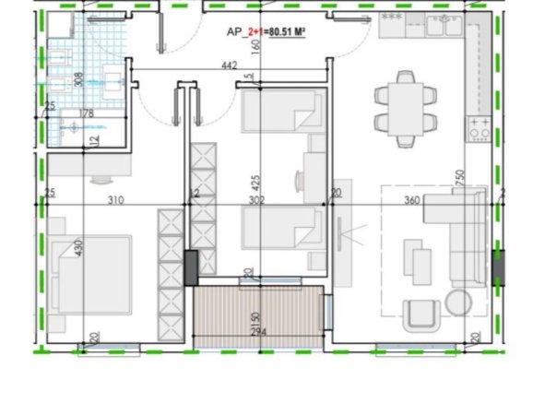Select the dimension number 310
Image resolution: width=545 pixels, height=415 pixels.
tap(114, 199)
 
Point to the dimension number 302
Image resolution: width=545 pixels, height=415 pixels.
tap(257, 199)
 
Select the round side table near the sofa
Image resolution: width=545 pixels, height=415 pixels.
tap(457, 302)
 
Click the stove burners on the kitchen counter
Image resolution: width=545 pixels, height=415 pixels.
tap(480, 128)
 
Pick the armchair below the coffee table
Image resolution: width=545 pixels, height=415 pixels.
tap(421, 314)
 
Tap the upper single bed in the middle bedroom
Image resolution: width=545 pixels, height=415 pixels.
tap(281, 113)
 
